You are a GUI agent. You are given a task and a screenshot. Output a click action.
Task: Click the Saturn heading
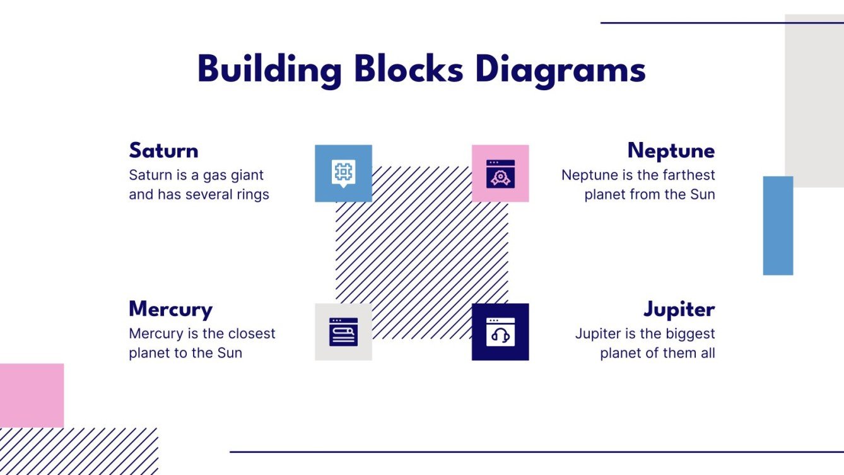163,151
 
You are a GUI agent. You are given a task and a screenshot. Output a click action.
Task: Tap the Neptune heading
671,151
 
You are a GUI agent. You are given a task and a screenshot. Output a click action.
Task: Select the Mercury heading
170,310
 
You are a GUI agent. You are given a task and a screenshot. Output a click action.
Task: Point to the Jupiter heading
679,310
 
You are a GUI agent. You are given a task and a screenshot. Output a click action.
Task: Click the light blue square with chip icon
343,173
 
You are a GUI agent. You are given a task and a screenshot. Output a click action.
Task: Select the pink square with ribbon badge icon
500,173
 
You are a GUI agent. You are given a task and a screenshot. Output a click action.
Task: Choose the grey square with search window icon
343,332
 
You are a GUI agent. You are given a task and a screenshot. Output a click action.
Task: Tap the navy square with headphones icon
500,332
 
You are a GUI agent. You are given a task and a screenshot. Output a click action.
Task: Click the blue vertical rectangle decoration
778,225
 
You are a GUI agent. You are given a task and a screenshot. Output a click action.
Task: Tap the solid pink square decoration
32,395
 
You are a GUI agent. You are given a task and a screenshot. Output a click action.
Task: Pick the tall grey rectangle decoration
814,101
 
